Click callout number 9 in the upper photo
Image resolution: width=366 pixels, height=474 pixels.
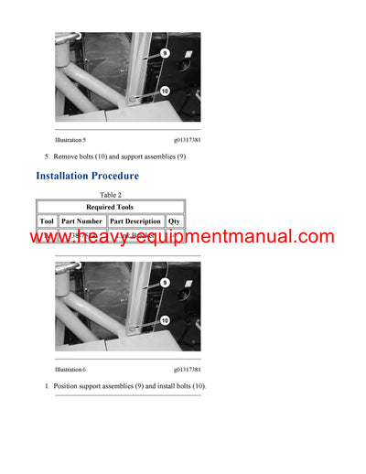[x=164, y=54]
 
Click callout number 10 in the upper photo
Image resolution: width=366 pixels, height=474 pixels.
[x=164, y=92]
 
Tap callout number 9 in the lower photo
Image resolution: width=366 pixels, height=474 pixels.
[x=164, y=283]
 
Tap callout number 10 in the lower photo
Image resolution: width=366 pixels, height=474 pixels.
[x=164, y=320]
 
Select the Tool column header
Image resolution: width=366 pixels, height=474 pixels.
[x=47, y=221]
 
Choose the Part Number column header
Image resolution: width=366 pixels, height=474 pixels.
[x=82, y=221]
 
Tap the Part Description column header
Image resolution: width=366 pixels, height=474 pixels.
[x=135, y=221]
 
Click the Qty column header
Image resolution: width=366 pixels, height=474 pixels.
[x=174, y=221]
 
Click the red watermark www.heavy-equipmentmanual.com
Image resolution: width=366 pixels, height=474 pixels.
[x=183, y=238]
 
